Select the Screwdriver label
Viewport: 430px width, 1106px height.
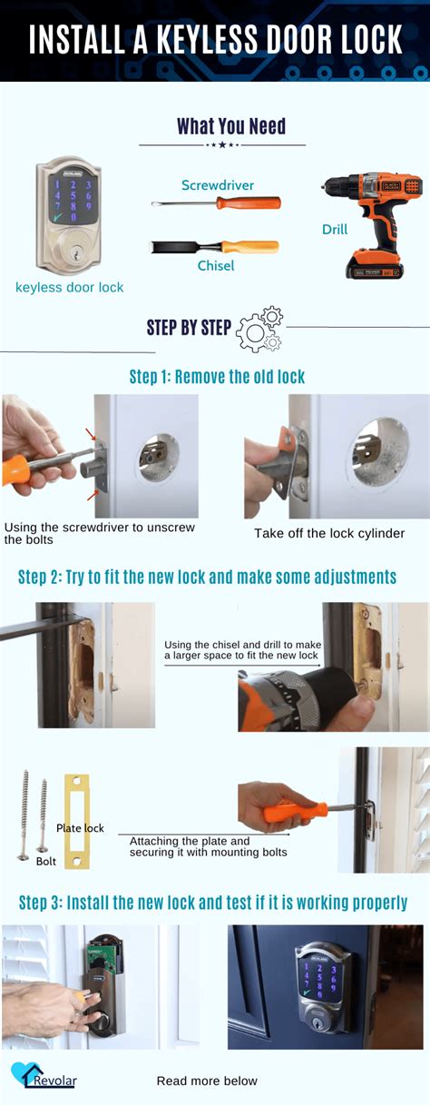[x=218, y=185]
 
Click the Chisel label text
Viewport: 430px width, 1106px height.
[x=216, y=265]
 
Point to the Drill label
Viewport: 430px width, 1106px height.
[x=335, y=230]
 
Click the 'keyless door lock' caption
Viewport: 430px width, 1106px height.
[x=70, y=287]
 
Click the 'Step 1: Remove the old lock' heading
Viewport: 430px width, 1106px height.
[x=217, y=376]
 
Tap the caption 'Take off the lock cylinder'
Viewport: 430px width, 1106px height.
[x=328, y=533]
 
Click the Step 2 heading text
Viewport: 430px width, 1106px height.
[x=207, y=577]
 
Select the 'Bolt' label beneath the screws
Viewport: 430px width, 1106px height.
[x=46, y=860]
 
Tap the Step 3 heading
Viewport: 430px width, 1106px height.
[x=213, y=903]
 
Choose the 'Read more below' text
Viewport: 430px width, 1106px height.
[x=207, y=1081]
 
